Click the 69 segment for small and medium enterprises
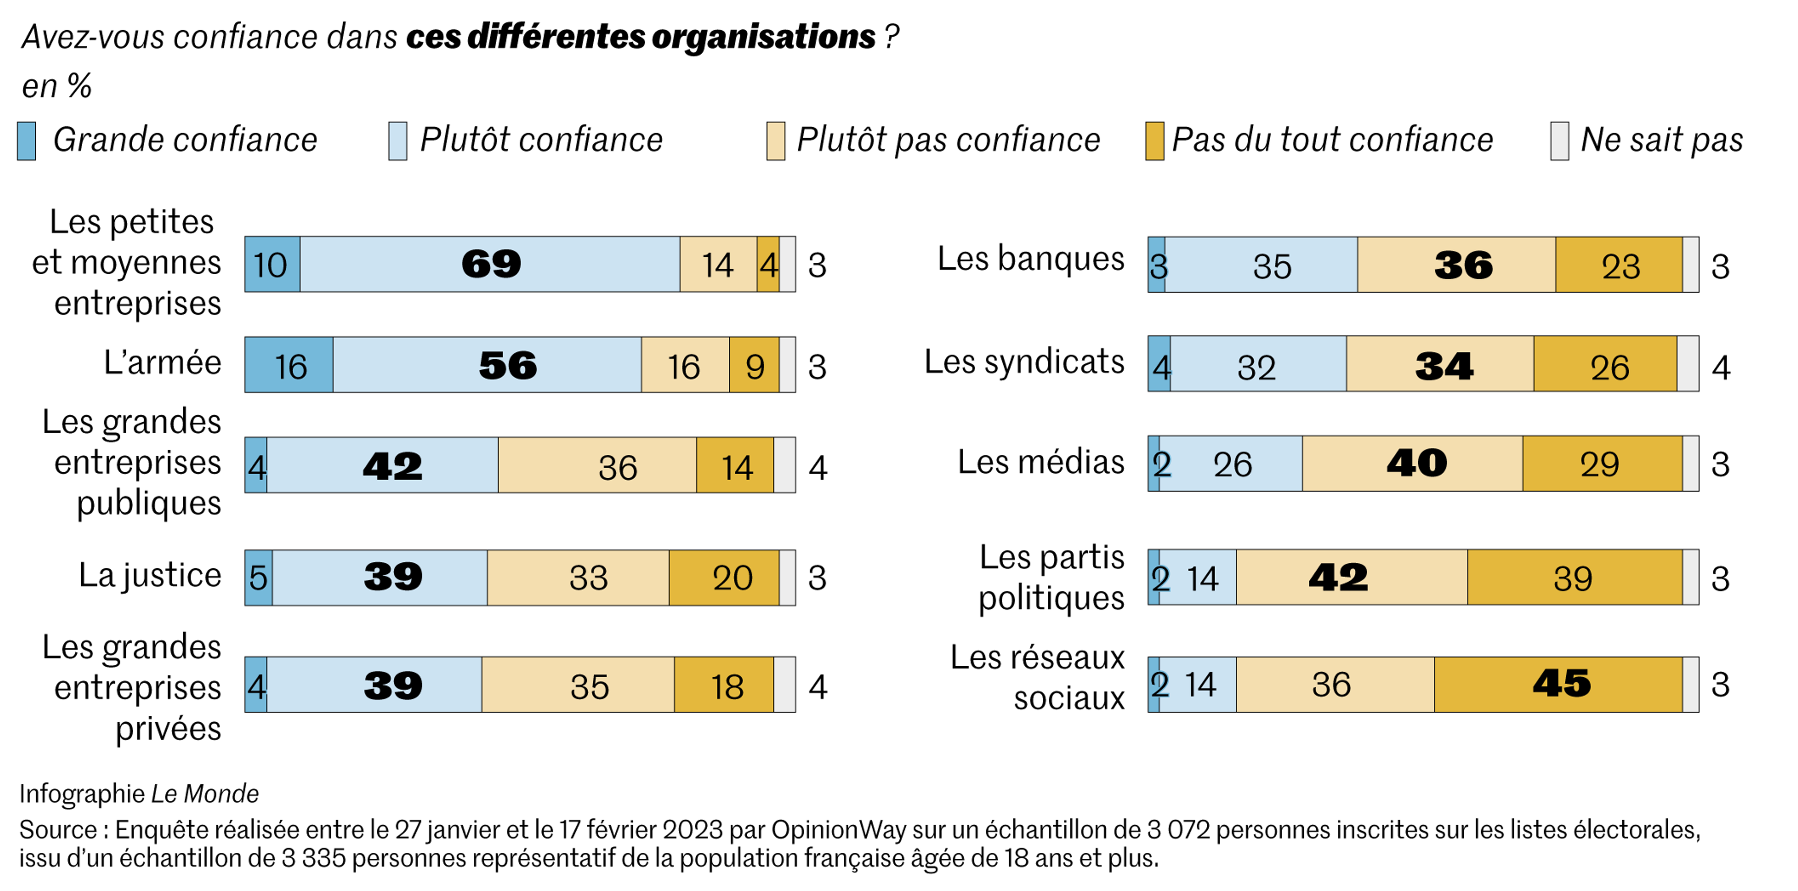(x=490, y=264)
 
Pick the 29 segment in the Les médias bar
(x=1601, y=463)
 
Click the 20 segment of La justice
(x=724, y=577)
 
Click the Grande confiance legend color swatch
(x=27, y=141)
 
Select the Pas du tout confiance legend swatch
(x=1154, y=141)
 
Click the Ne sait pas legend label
(x=1661, y=140)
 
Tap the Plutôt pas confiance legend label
(x=948, y=140)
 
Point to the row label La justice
(x=150, y=576)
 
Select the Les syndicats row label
(x=1024, y=361)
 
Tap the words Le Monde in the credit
(x=205, y=793)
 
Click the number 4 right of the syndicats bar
(x=1721, y=368)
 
